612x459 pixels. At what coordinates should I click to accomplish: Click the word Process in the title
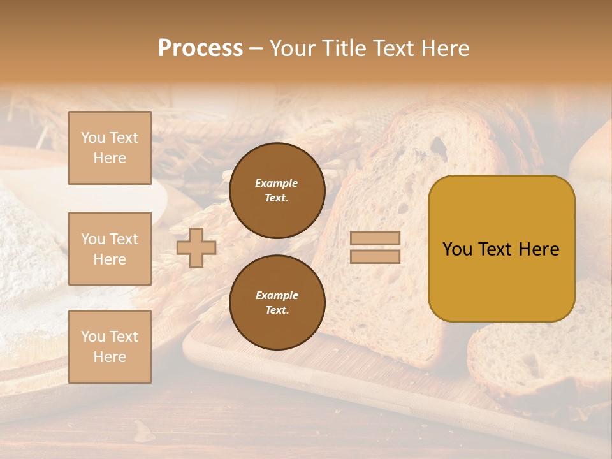point(200,48)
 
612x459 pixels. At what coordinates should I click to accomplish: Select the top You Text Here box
point(110,148)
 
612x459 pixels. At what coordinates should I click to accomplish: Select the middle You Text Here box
point(110,249)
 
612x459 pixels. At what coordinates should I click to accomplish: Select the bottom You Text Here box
point(110,346)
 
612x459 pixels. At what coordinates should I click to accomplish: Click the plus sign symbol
point(196,247)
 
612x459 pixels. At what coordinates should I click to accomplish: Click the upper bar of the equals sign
point(375,238)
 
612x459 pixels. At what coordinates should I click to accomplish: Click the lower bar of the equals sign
point(375,256)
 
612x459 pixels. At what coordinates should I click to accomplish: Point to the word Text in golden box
point(501,249)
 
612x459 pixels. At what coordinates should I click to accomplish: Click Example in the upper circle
point(276,183)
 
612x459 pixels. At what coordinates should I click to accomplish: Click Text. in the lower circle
point(277,310)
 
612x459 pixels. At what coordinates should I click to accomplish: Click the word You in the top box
point(92,138)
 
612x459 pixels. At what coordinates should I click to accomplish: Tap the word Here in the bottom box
point(110,357)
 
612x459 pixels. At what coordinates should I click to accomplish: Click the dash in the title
point(256,48)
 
